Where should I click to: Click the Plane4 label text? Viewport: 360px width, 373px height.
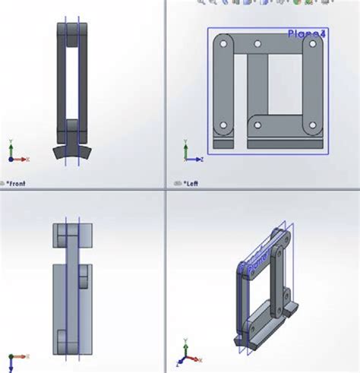tap(307, 33)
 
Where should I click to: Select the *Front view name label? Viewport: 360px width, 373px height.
tap(16, 183)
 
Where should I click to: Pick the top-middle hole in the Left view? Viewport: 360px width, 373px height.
tap(258, 45)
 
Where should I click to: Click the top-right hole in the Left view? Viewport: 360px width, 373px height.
tap(311, 45)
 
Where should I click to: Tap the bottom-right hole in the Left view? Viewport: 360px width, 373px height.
tap(311, 125)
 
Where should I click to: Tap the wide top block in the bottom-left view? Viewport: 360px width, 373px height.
tap(72, 234)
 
